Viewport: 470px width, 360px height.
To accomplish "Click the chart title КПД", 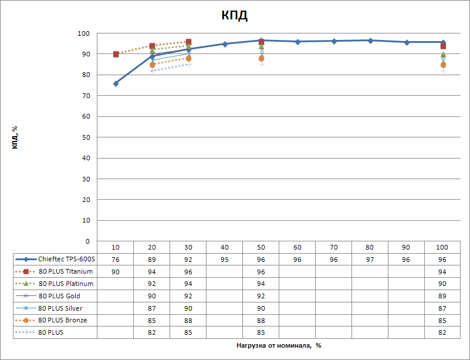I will pos(235,16).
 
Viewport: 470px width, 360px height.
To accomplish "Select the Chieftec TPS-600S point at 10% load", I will pos(116,83).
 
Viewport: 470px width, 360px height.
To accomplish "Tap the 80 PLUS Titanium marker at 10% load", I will pos(116,54).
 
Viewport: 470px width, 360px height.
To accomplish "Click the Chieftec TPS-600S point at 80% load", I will pos(370,41).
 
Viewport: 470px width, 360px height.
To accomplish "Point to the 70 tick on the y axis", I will pos(86,96).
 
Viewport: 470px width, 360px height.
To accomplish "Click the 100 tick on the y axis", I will pos(84,33).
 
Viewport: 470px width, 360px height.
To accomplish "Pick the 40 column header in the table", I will pos(225,247).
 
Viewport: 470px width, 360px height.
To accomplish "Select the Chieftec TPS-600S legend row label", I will pos(66,259).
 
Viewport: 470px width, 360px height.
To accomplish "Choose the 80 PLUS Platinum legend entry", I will pos(66,284).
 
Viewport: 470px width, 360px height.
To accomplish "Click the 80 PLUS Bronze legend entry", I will pos(62,321).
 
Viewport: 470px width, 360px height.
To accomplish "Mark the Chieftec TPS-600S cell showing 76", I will pos(115,259).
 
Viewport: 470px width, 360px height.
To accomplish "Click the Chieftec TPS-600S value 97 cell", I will pos(370,259).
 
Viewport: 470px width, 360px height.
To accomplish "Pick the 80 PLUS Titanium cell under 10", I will pos(115,271).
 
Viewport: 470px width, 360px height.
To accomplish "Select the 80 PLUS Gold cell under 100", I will pos(443,296).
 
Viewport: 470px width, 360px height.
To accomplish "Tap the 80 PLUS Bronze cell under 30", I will pos(188,321).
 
